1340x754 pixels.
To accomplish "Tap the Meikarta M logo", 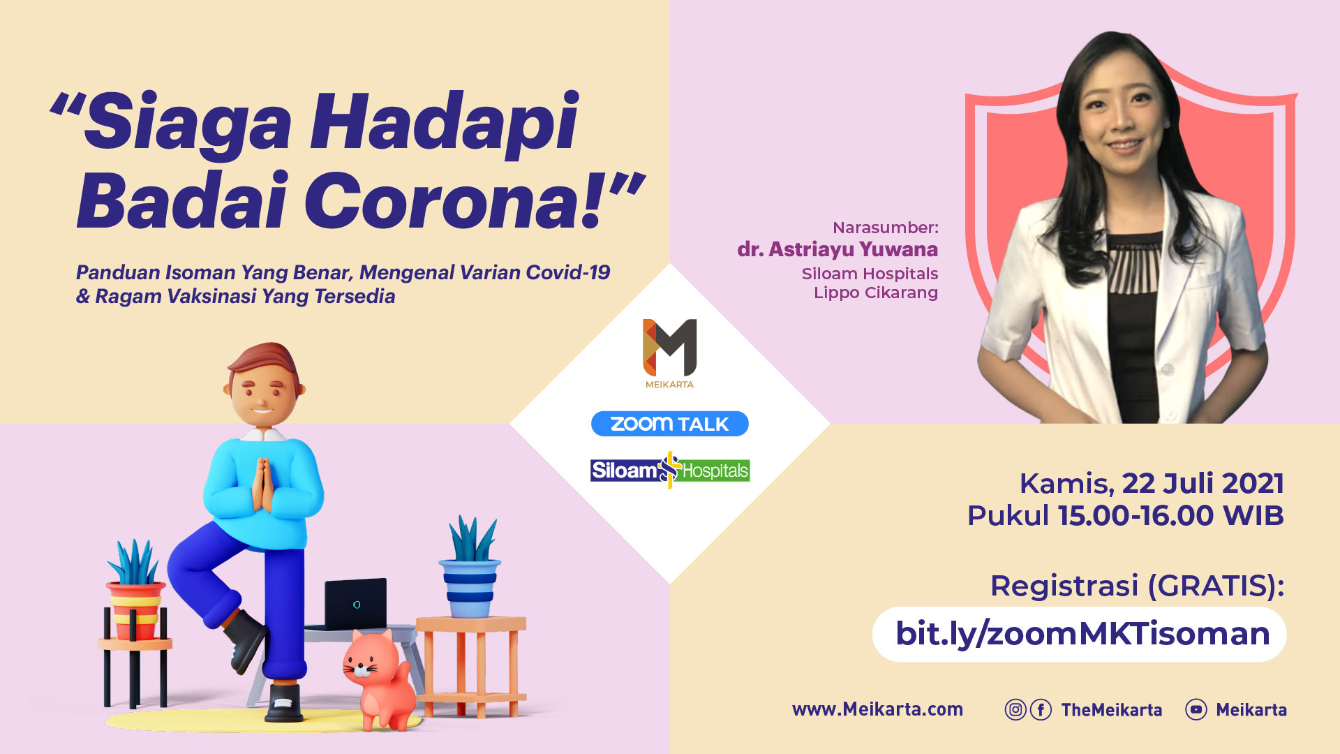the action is point(669,348).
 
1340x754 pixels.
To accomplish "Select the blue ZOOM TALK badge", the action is point(669,424).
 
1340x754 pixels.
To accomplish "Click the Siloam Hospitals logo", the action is point(669,470).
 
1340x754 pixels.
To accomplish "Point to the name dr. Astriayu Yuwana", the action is point(837,249).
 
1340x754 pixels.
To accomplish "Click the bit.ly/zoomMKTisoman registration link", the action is point(1082,634).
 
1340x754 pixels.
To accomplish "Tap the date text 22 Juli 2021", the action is point(1203,483).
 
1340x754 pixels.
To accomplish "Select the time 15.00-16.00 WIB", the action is point(1170,516).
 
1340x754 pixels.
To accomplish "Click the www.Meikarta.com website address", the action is point(877,709).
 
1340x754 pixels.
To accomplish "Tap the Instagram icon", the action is point(1015,710).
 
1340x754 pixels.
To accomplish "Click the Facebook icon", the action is point(1041,710).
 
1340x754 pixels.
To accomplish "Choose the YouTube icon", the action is point(1196,710).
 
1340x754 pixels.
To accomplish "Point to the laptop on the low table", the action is point(355,604).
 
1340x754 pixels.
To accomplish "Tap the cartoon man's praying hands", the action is point(262,484).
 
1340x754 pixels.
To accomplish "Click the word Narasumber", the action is point(886,228).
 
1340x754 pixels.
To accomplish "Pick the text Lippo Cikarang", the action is point(876,293).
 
